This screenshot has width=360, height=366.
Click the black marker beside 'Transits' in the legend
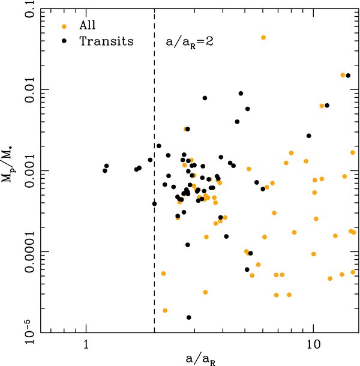click(x=64, y=42)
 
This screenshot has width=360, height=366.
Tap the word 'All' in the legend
click(x=88, y=26)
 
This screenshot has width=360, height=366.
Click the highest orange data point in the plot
click(x=263, y=37)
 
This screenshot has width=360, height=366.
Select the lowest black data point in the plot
click(x=188, y=317)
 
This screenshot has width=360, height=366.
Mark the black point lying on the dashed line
click(x=155, y=203)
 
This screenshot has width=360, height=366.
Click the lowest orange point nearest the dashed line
click(x=165, y=310)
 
